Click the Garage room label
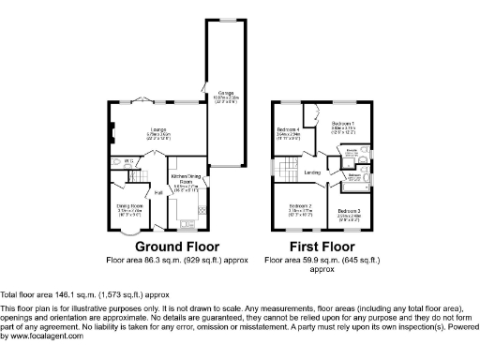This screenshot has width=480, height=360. pyautogui.click(x=226, y=93)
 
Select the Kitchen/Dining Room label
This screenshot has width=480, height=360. pyautogui.click(x=182, y=178)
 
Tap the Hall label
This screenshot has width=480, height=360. pyautogui.click(x=146, y=193)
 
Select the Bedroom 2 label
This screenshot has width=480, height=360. pyautogui.click(x=300, y=205)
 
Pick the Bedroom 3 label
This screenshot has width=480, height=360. pyautogui.click(x=349, y=210)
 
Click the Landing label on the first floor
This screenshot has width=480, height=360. pyautogui.click(x=311, y=172)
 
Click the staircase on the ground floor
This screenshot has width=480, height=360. pyautogui.click(x=138, y=175)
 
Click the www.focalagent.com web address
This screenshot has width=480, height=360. pyautogui.click(x=41, y=335)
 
